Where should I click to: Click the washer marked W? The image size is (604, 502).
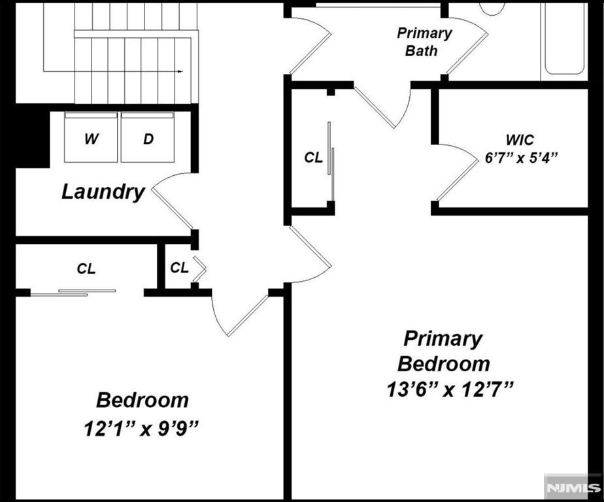[91, 137]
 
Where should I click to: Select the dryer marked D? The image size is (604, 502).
[148, 137]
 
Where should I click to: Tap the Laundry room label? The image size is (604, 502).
[103, 192]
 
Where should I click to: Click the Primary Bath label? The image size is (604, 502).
[424, 42]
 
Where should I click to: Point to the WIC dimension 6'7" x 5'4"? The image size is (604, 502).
[521, 158]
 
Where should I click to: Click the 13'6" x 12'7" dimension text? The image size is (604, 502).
[450, 390]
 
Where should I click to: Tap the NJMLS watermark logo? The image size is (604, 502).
[574, 488]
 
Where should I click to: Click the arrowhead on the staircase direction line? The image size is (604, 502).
[180, 71]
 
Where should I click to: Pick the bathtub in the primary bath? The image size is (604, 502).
[564, 39]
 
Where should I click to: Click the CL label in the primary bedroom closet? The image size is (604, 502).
[313, 157]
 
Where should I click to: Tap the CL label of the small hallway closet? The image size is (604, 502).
[180, 267]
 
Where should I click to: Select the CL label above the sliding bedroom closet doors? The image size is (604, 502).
[86, 269]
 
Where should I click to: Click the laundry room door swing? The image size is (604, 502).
[172, 200]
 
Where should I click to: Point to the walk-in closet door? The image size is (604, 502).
[457, 173]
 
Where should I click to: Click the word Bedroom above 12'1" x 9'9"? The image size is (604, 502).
[142, 400]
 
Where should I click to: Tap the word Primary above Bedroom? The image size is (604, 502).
[443, 339]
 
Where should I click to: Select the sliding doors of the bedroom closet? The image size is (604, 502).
[73, 293]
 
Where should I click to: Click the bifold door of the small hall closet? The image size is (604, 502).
[199, 269]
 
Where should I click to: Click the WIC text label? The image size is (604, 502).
[520, 140]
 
